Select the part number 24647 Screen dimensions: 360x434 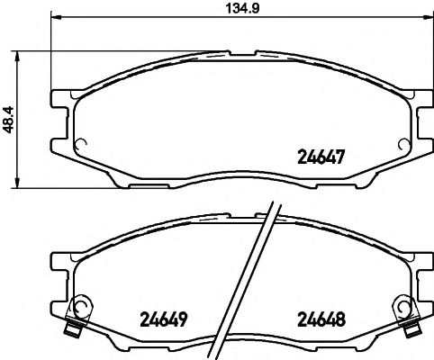(x=322, y=154)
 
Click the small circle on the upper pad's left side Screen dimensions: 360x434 (x=78, y=141)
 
